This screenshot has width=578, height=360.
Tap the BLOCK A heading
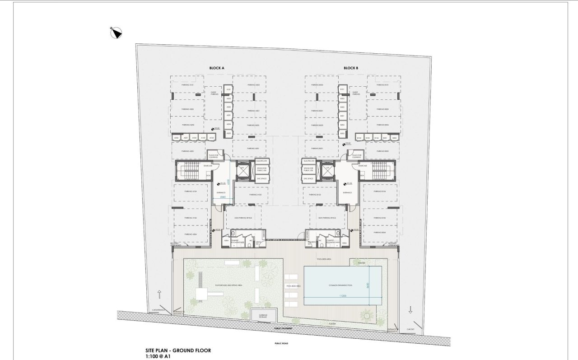(217, 68)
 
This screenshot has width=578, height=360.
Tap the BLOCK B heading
(350, 68)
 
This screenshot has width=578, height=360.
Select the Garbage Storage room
(263, 316)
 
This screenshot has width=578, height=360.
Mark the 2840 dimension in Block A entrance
(222, 197)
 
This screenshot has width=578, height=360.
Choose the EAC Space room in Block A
(262, 179)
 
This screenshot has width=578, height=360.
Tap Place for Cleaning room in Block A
(214, 156)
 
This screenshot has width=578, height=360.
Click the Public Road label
(281, 343)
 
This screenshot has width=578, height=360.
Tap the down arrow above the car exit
(410, 310)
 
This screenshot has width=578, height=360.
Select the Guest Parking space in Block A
(214, 93)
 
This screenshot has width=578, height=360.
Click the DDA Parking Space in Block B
(327, 218)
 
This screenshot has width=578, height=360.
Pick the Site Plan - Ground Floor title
(178, 351)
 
